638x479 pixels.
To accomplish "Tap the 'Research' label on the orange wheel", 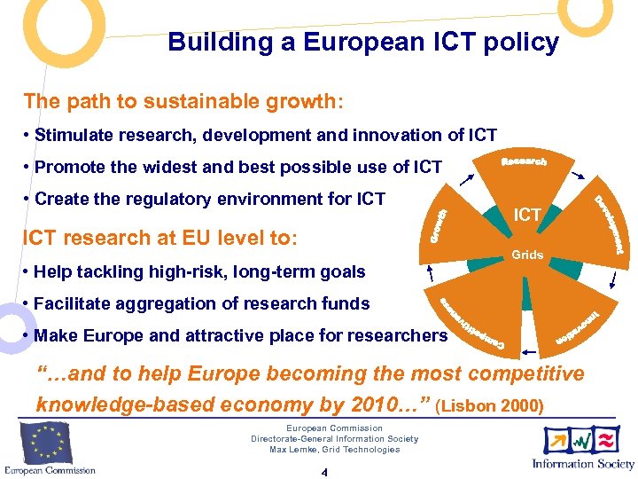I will click(524, 161).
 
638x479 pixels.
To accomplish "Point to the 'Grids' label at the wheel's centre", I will click(527, 255).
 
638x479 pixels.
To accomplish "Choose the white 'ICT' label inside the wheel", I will click(528, 214).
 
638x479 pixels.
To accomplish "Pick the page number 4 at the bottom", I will click(324, 472).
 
